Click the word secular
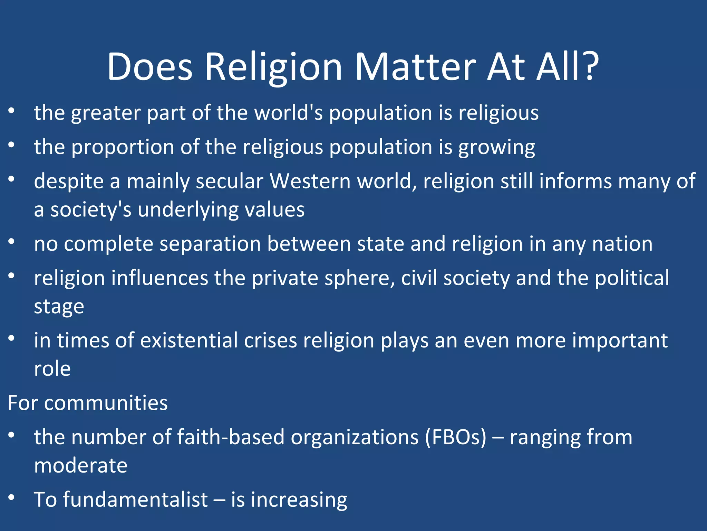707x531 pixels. [230, 181]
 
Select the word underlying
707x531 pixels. [188, 210]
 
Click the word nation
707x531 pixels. [622, 244]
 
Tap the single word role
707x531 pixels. [52, 369]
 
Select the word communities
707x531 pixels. [106, 403]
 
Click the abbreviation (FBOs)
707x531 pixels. [455, 437]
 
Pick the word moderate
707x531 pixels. [81, 466]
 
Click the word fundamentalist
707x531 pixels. [135, 500]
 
